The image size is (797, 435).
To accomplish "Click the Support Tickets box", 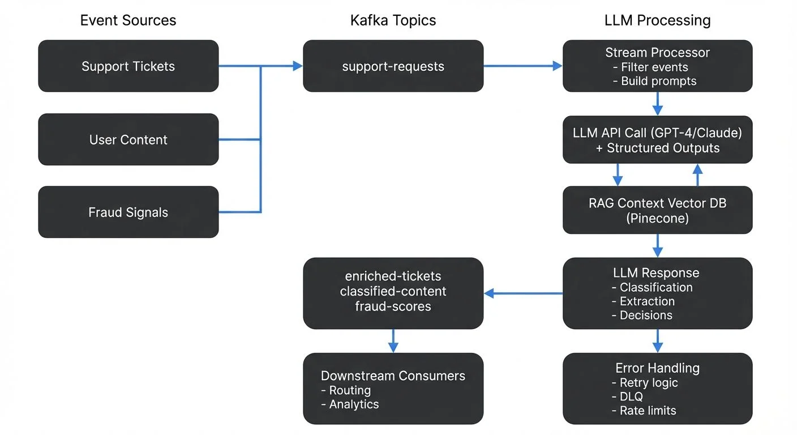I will pyautogui.click(x=128, y=66).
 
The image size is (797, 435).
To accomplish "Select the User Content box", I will pyautogui.click(x=128, y=140).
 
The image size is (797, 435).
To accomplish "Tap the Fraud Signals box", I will pyautogui.click(x=128, y=212).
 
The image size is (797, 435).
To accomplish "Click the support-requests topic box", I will pyautogui.click(x=393, y=66).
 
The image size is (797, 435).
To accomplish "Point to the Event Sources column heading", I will pyautogui.click(x=128, y=21).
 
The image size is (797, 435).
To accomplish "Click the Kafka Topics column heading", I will pyautogui.click(x=393, y=21).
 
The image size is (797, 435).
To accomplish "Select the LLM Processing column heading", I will pyautogui.click(x=657, y=21).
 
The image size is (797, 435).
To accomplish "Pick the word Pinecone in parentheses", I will pyautogui.click(x=657, y=218).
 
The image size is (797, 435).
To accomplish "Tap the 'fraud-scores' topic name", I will pyautogui.click(x=393, y=306).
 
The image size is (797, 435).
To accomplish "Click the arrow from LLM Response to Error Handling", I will pyautogui.click(x=657, y=342).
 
